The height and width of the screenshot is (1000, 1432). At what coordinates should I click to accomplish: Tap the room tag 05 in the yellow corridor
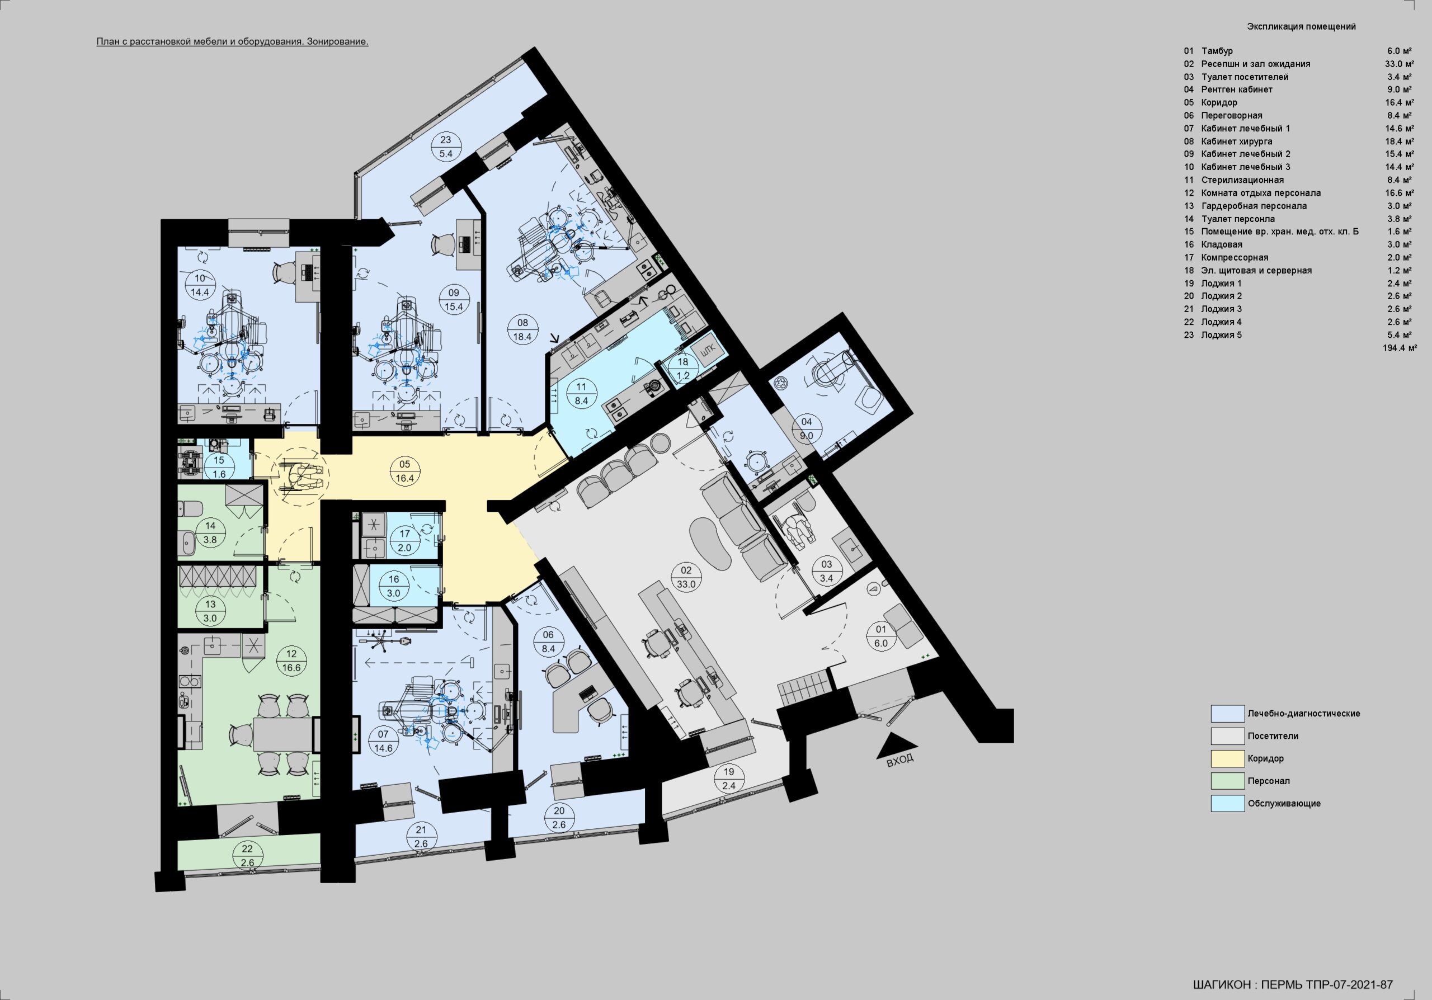(405, 471)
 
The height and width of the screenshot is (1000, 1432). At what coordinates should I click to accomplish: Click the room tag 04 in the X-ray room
(807, 429)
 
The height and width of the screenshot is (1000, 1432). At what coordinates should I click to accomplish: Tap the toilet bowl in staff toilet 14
(189, 510)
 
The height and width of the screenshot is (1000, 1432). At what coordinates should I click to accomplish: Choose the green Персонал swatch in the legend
(1227, 781)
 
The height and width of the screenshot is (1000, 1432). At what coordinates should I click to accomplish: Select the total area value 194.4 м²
(1400, 348)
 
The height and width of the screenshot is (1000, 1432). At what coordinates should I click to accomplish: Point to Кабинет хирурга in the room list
(1237, 141)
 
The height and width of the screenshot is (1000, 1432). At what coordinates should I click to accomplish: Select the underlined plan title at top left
(232, 42)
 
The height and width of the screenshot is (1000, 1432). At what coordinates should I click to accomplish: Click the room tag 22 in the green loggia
(248, 855)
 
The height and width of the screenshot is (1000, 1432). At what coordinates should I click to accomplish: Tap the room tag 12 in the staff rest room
(292, 660)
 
